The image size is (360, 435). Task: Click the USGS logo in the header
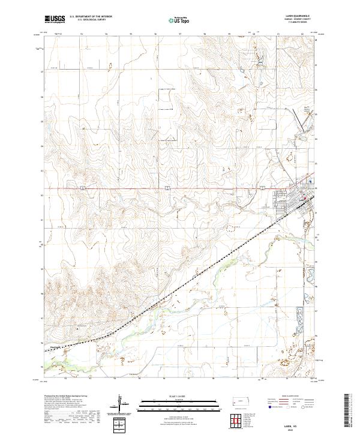coord(55,20)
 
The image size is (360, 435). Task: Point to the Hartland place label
coord(52,350)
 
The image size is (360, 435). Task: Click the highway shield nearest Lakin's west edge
coord(263,188)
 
